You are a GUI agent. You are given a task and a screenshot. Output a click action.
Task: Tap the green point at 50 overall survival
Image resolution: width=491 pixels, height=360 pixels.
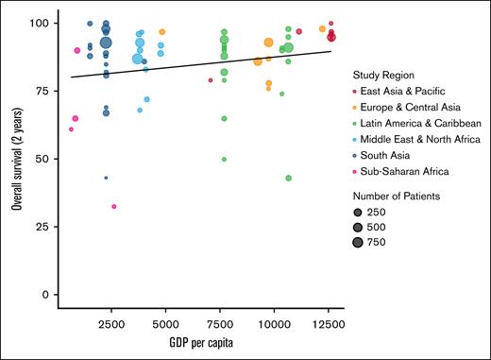224,159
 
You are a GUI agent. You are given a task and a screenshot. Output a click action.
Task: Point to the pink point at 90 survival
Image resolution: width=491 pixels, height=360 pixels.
76,50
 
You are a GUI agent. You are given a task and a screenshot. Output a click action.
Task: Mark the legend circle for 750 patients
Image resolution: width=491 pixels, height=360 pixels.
359,243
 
